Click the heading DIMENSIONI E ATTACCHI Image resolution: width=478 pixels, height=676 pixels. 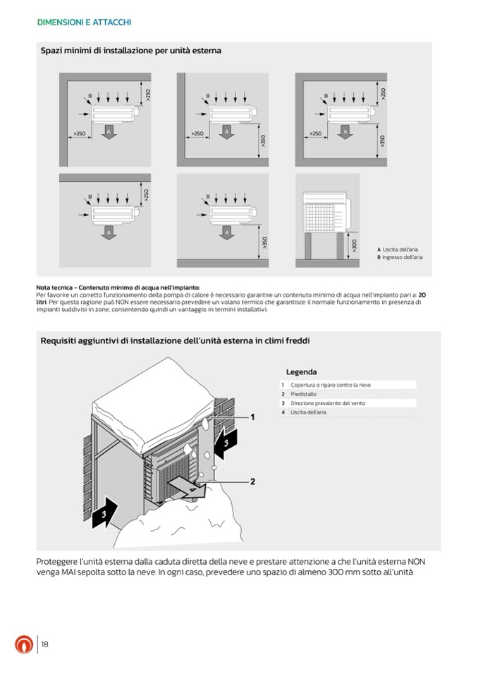pyautogui.click(x=84, y=23)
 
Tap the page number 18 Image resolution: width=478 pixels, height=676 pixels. pyautogui.click(x=44, y=644)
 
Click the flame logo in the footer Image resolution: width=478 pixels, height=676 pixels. pyautogui.click(x=24, y=644)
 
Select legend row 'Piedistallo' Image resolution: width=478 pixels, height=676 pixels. pyautogui.click(x=304, y=394)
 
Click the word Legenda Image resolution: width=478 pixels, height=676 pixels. pyautogui.click(x=301, y=372)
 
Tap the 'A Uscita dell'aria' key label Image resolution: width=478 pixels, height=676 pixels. pyautogui.click(x=399, y=250)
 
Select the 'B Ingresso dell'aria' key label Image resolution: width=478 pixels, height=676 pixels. pyautogui.click(x=400, y=257)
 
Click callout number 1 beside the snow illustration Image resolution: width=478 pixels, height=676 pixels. pyautogui.click(x=252, y=417)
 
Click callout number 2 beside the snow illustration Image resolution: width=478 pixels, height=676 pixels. pyautogui.click(x=252, y=482)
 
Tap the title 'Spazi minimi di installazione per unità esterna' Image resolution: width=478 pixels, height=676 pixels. pyautogui.click(x=131, y=51)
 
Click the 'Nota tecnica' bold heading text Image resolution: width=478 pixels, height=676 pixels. pyautogui.click(x=118, y=287)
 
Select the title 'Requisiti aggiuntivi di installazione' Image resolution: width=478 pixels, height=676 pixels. pyautogui.click(x=175, y=340)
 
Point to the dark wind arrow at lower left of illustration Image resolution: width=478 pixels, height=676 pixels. pyautogui.click(x=105, y=511)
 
